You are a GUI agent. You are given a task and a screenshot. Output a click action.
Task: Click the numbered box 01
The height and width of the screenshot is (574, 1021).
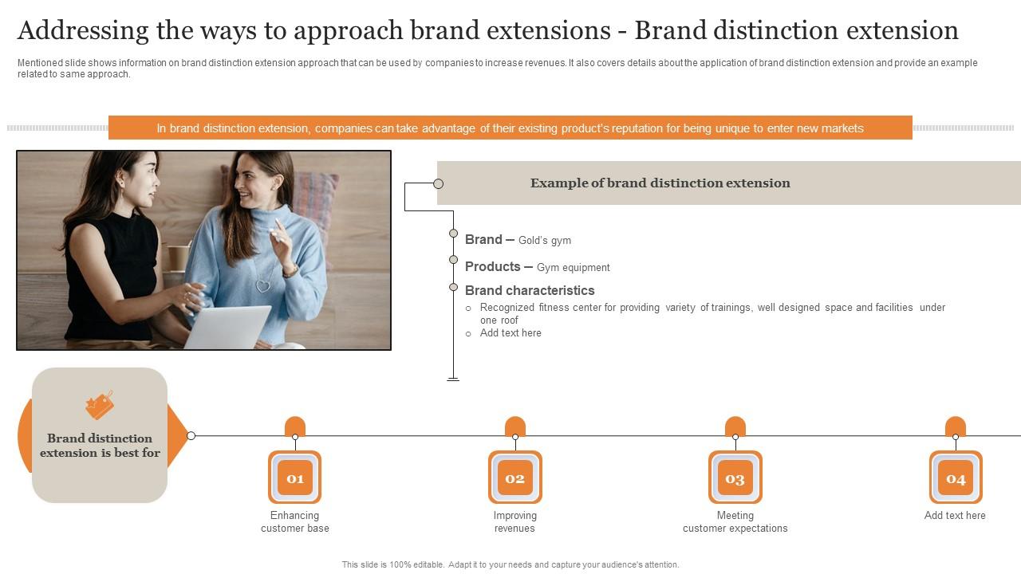coord(295,478)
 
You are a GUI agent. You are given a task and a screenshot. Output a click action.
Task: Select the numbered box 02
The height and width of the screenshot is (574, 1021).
coord(515,478)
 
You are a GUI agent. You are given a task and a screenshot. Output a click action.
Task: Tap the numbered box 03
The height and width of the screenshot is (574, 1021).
coord(735,478)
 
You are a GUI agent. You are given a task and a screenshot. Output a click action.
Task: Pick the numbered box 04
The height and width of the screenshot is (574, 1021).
coord(956,478)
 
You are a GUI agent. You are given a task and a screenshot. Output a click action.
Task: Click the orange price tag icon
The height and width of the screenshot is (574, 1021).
coord(100,405)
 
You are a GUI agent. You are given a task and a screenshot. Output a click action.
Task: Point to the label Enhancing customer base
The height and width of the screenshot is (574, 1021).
coord(295,522)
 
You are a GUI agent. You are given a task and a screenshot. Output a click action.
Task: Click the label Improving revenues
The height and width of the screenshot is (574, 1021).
coord(515,522)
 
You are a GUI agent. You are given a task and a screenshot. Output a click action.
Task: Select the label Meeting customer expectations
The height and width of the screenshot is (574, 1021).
coord(735,522)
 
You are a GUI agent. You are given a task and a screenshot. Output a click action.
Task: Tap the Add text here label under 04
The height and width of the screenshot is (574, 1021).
coord(955,516)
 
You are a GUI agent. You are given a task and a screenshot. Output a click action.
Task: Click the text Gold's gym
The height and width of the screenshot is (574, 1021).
coord(545,241)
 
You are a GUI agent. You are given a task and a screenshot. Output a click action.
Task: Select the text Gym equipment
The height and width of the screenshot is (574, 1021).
coord(574,268)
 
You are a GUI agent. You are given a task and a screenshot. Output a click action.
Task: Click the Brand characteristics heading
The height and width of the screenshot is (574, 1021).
coord(530,290)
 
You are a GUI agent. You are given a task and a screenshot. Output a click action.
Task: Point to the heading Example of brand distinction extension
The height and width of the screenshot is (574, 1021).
coord(660,183)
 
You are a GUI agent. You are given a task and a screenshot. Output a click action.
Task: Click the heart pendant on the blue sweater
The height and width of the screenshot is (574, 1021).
coord(262,285)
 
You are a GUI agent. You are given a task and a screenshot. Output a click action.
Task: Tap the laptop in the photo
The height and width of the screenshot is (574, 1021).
coord(227,327)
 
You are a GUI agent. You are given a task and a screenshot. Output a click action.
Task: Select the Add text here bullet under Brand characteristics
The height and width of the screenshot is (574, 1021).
coord(510,333)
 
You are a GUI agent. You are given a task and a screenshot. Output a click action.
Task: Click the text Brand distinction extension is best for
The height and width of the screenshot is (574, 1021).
coord(100,446)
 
